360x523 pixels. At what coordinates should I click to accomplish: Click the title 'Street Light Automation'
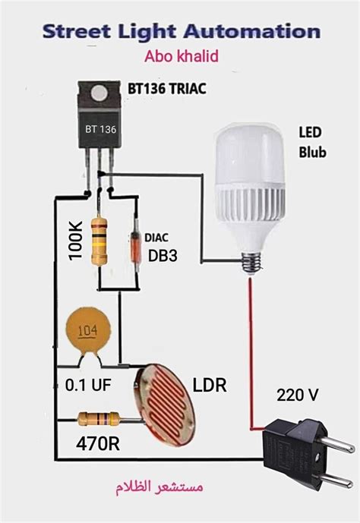point(181,32)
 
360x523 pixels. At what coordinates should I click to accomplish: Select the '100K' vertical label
point(74,241)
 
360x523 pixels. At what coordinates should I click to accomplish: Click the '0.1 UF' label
point(87,386)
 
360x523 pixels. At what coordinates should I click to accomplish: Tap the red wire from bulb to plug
point(250,349)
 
